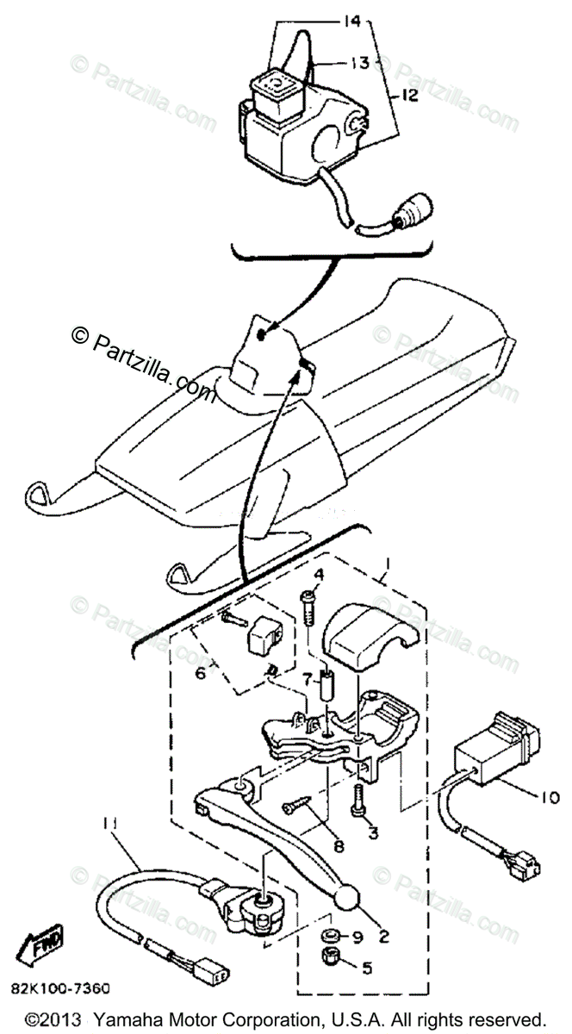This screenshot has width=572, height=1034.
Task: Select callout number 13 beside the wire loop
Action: pos(360,62)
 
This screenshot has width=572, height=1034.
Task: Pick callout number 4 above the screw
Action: pos(318,574)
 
